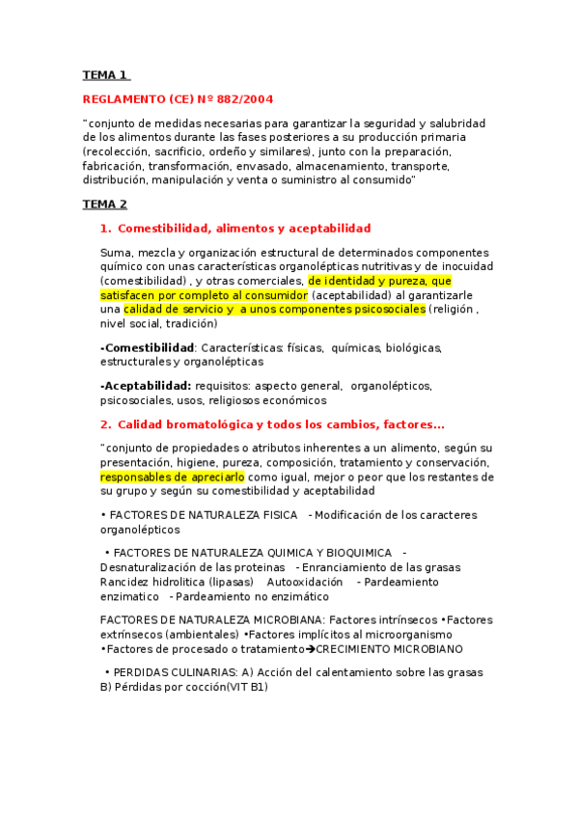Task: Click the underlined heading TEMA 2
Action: (x=104, y=204)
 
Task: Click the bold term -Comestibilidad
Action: (x=147, y=347)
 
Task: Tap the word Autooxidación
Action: (x=304, y=583)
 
